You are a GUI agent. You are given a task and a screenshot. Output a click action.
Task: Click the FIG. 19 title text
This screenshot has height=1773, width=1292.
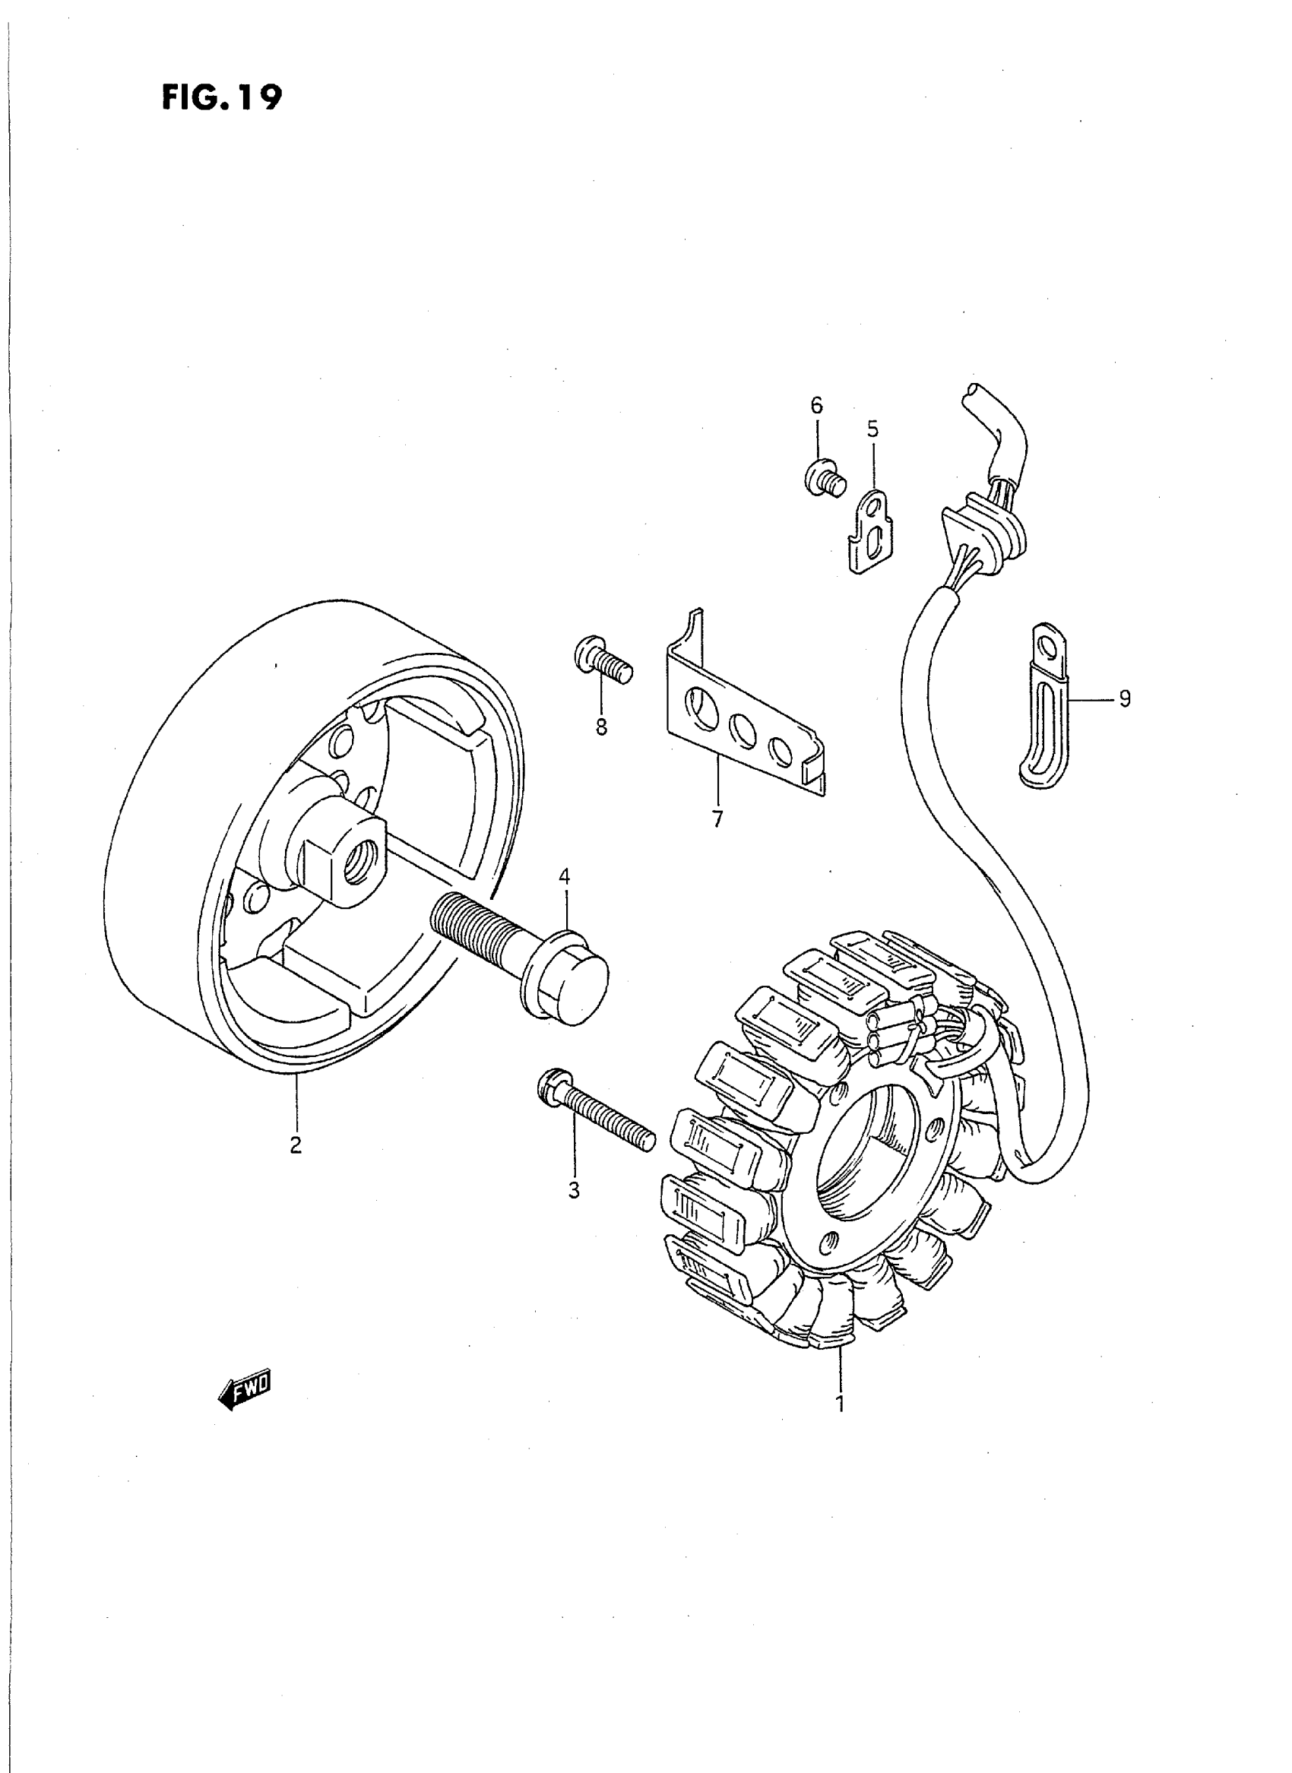221,98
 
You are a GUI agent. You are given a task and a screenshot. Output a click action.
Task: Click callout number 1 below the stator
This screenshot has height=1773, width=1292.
840,1403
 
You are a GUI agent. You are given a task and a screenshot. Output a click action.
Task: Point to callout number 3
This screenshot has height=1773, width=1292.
574,1212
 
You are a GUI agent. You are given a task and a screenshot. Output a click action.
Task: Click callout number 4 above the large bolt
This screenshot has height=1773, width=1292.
564,878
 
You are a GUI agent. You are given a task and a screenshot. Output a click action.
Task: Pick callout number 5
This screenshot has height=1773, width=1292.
872,429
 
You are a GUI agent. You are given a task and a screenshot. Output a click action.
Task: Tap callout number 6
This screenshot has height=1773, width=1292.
816,405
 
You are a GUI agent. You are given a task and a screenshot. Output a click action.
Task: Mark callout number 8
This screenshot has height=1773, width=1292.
600,727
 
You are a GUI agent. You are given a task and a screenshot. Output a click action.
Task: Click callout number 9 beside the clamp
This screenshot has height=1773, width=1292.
1125,698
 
